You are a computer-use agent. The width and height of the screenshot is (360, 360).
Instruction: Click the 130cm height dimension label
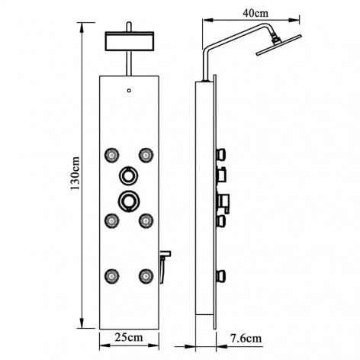click(x=76, y=173)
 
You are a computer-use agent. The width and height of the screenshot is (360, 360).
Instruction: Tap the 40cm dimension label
click(x=256, y=13)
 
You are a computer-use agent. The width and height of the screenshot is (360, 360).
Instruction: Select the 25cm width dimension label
click(x=129, y=337)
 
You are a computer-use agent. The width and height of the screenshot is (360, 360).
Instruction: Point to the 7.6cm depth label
click(x=246, y=339)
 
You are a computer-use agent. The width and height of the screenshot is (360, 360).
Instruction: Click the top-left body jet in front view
click(x=112, y=155)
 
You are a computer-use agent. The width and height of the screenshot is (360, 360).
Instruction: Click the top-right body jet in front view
click(x=146, y=155)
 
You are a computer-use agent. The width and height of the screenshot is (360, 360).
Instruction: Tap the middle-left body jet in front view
click(x=112, y=220)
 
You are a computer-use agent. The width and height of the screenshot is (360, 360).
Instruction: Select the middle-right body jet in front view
click(x=146, y=220)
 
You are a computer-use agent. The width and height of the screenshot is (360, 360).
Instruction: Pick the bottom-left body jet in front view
click(x=112, y=275)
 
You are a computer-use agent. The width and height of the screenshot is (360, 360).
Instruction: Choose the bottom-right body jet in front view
click(x=146, y=275)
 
